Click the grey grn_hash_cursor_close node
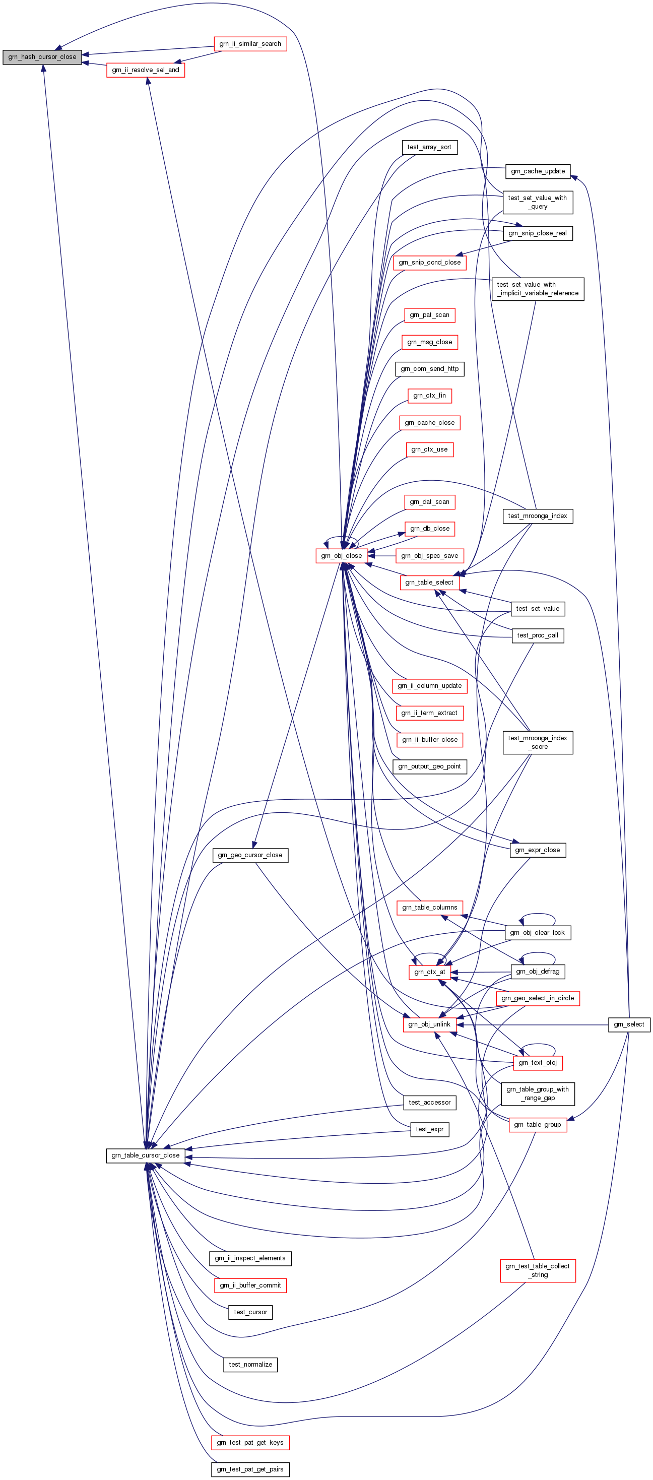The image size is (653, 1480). click(42, 57)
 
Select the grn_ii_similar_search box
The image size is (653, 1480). click(250, 44)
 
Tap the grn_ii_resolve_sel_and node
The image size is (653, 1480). click(145, 70)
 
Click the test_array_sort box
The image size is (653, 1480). click(429, 147)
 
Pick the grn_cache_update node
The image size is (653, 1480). click(538, 171)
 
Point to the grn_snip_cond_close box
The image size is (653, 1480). click(430, 263)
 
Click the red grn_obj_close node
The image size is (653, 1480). click(341, 556)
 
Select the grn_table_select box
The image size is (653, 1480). click(429, 583)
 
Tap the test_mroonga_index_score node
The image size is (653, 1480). click(538, 742)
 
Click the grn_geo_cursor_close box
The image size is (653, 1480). click(250, 855)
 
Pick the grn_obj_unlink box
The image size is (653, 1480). click(429, 1024)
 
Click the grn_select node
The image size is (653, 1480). click(629, 1024)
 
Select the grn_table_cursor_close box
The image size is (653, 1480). click(145, 1155)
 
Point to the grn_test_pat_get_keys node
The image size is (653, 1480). click(250, 1443)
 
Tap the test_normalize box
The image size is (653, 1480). click(250, 1365)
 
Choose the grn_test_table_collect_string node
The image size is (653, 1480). click(538, 1270)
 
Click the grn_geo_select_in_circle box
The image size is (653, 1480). click(538, 998)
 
